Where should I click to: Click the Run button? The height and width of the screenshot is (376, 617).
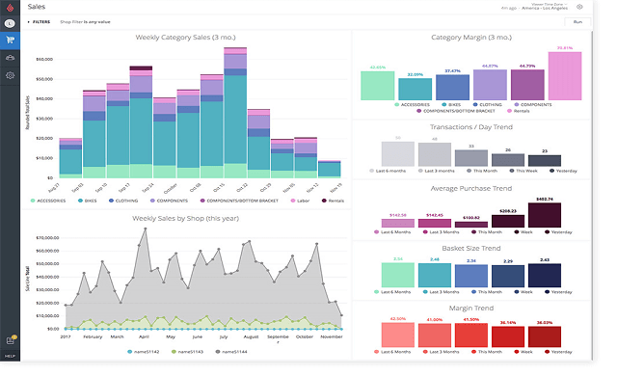coord(577,21)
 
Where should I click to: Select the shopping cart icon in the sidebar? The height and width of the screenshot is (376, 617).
coord(10,40)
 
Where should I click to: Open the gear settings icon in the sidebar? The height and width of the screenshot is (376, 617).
coord(10,75)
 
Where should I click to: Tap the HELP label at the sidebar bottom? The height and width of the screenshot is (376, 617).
coord(10,357)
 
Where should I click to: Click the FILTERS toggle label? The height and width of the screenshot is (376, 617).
coord(39,21)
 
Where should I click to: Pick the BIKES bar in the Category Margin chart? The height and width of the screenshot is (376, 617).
coord(415,88)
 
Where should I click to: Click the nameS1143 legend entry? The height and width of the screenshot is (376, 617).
coord(190,352)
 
